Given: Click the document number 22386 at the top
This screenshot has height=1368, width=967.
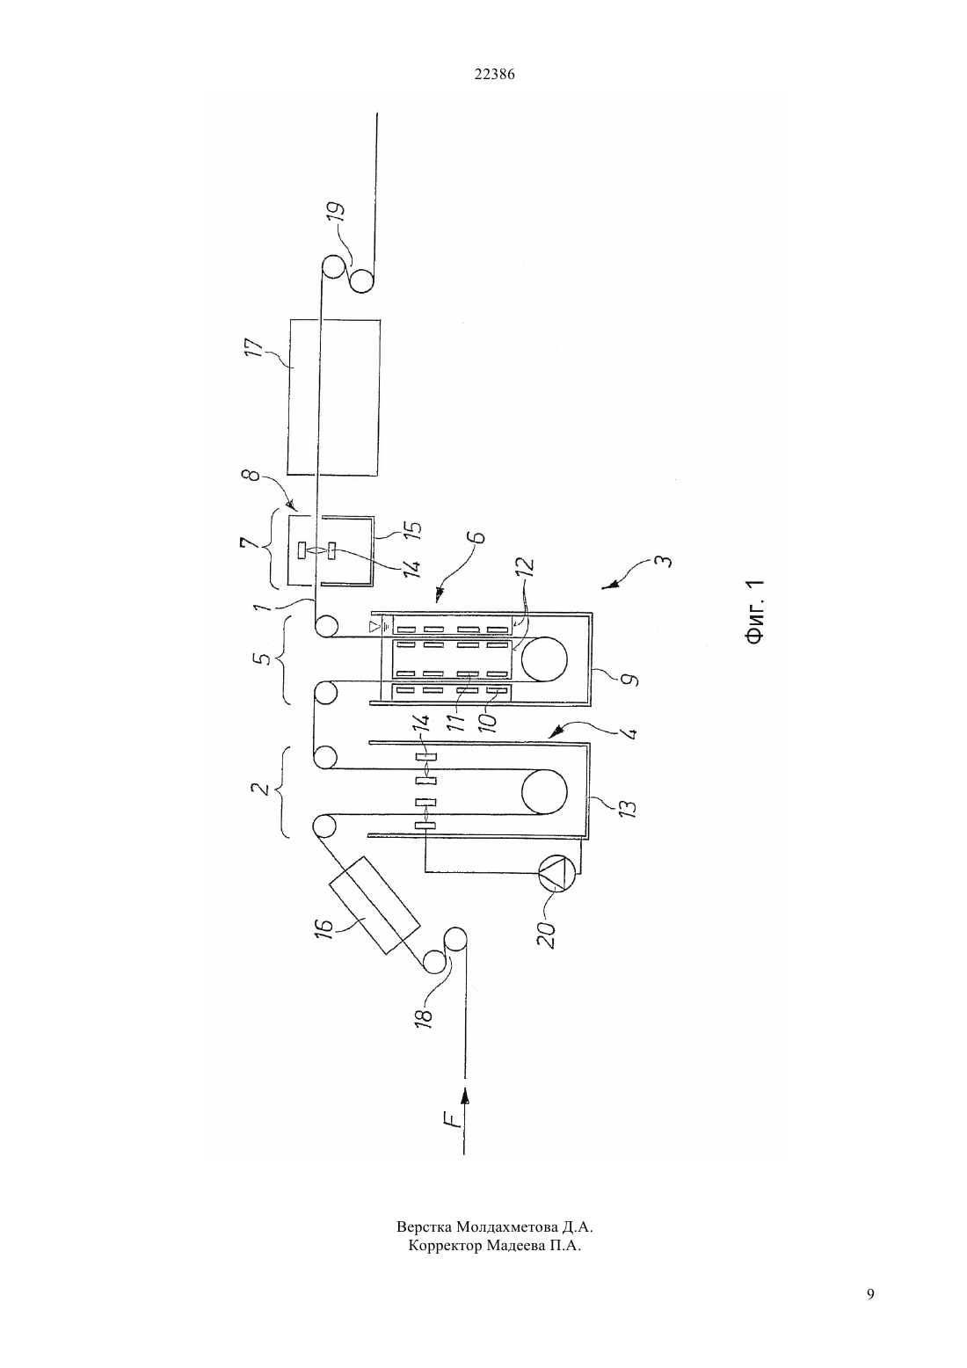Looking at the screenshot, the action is pyautogui.click(x=494, y=74).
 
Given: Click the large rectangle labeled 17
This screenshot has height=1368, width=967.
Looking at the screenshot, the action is pyautogui.click(x=334, y=397).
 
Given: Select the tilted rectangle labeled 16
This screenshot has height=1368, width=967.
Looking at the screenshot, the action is pyautogui.click(x=374, y=905).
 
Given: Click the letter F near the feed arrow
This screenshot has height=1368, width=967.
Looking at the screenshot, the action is pyautogui.click(x=450, y=1119).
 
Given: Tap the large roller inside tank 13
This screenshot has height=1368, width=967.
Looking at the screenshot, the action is pyautogui.click(x=544, y=791).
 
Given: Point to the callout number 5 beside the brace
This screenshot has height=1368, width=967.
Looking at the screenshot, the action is pyautogui.click(x=263, y=660).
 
